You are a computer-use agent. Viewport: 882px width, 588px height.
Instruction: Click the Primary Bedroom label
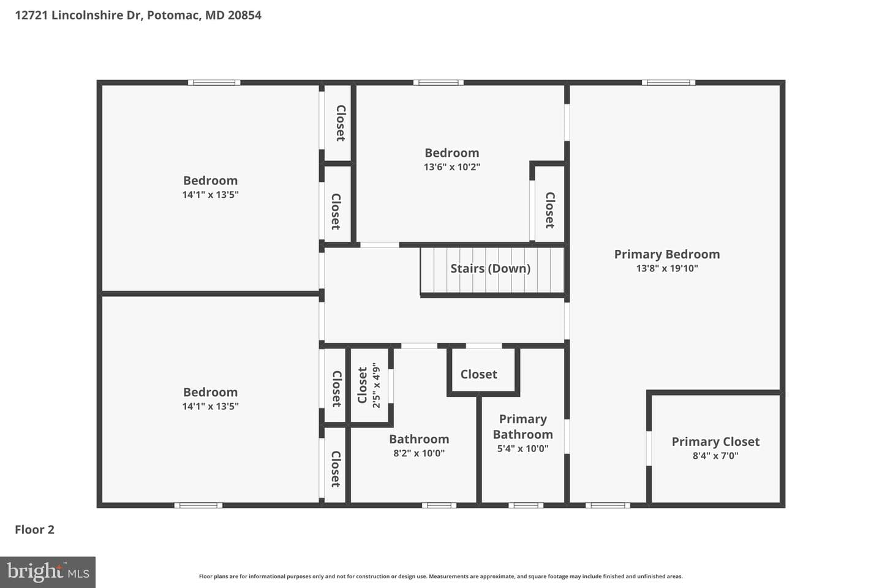pyautogui.click(x=667, y=254)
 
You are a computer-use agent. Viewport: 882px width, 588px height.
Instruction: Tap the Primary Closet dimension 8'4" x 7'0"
pyautogui.click(x=715, y=456)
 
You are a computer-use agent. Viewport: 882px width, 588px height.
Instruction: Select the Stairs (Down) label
pyautogui.click(x=490, y=269)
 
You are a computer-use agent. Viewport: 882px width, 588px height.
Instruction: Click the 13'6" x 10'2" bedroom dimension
pyautogui.click(x=451, y=167)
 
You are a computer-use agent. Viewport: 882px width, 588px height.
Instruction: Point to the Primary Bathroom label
pyautogui.click(x=523, y=426)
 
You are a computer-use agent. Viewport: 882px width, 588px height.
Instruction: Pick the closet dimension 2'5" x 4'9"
pyautogui.click(x=377, y=385)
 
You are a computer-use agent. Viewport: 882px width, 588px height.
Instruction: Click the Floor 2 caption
pyautogui.click(x=35, y=529)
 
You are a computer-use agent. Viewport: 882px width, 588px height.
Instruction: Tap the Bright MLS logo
pyautogui.click(x=48, y=572)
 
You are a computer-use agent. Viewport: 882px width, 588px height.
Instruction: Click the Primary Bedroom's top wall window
pyautogui.click(x=668, y=83)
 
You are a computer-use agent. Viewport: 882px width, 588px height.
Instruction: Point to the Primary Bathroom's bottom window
pyautogui.click(x=526, y=505)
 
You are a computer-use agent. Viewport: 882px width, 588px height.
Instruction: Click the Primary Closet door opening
pyautogui.click(x=649, y=448)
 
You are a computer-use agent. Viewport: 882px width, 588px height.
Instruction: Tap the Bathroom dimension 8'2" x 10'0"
pyautogui.click(x=419, y=453)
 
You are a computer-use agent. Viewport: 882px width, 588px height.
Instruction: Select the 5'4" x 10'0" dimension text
pyautogui.click(x=523, y=448)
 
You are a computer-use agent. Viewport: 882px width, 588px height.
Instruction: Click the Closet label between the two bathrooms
pyautogui.click(x=479, y=374)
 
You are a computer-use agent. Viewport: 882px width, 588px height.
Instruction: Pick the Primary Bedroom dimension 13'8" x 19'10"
pyautogui.click(x=667, y=269)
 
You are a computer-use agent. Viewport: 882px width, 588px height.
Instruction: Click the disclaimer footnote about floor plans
pyautogui.click(x=440, y=576)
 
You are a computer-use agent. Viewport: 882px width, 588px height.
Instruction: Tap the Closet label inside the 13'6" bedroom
pyautogui.click(x=550, y=210)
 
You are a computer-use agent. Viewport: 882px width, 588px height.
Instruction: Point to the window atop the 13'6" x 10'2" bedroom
pyautogui.click(x=439, y=83)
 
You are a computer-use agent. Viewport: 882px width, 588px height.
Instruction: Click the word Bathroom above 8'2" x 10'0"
pyautogui.click(x=419, y=439)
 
